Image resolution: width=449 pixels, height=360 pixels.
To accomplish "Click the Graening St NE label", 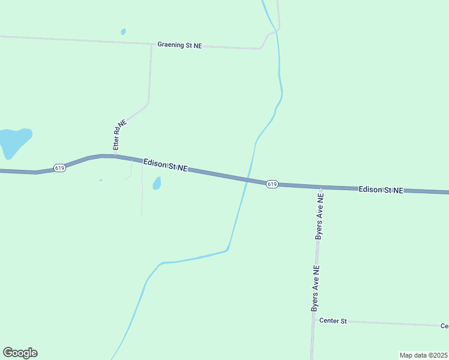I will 179,45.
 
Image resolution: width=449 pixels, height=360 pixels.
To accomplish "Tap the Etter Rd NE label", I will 120,135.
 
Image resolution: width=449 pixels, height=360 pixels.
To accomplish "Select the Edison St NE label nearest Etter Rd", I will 166,166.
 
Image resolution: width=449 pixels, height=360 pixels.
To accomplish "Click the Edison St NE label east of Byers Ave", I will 381,190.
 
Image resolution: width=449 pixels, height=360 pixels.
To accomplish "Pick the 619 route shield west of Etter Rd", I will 59,168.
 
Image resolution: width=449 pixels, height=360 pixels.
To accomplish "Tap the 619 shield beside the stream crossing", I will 272,184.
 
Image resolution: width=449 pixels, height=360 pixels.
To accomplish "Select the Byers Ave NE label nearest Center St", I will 315,288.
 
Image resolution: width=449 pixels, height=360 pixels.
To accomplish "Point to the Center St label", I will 333,321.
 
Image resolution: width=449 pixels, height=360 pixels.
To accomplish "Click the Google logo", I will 20,353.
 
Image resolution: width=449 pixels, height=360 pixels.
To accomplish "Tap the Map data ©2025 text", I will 423,355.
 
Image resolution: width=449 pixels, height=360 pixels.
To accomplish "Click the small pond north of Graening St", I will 123,31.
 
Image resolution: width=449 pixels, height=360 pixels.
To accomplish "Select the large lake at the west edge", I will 13,142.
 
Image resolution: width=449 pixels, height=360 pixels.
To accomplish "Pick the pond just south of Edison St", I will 157,183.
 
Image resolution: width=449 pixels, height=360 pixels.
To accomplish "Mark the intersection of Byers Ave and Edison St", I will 321,187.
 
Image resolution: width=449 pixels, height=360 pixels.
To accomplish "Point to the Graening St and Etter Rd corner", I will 151,44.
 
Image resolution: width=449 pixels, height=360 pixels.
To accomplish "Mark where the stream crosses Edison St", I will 247,179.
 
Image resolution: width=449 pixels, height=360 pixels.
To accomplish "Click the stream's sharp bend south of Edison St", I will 228,250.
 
